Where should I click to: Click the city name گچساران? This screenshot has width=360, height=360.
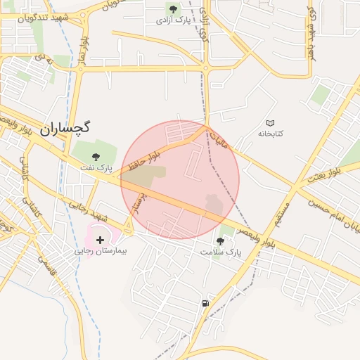[65, 128]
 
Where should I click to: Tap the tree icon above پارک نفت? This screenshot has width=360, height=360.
[96, 156]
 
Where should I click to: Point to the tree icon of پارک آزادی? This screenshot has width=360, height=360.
[173, 9]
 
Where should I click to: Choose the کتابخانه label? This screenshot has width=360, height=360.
[270, 134]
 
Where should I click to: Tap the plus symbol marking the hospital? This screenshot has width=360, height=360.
[100, 240]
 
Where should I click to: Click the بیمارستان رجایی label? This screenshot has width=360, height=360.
[99, 250]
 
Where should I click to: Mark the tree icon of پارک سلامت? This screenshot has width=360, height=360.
[220, 241]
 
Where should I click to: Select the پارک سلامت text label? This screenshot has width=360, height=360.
[220, 252]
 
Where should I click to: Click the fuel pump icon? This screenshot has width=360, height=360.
[205, 303]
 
